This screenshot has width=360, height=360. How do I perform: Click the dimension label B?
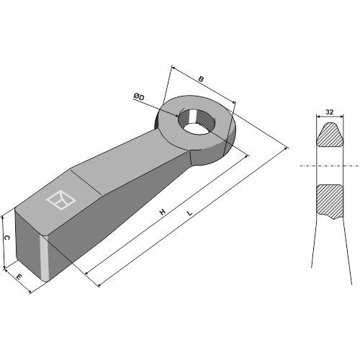coord(201,78)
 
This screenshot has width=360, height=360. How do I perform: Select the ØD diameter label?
coord(139,97)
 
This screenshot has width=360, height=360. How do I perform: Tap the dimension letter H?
coord(163,212)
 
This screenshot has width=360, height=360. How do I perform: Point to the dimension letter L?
coord(190,213)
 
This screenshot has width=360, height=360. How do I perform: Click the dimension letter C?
coord(7,238)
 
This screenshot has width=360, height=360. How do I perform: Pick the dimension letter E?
coord(19,277)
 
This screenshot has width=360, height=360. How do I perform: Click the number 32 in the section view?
coord(330,112)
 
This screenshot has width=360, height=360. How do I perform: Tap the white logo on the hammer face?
coord(61,199)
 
